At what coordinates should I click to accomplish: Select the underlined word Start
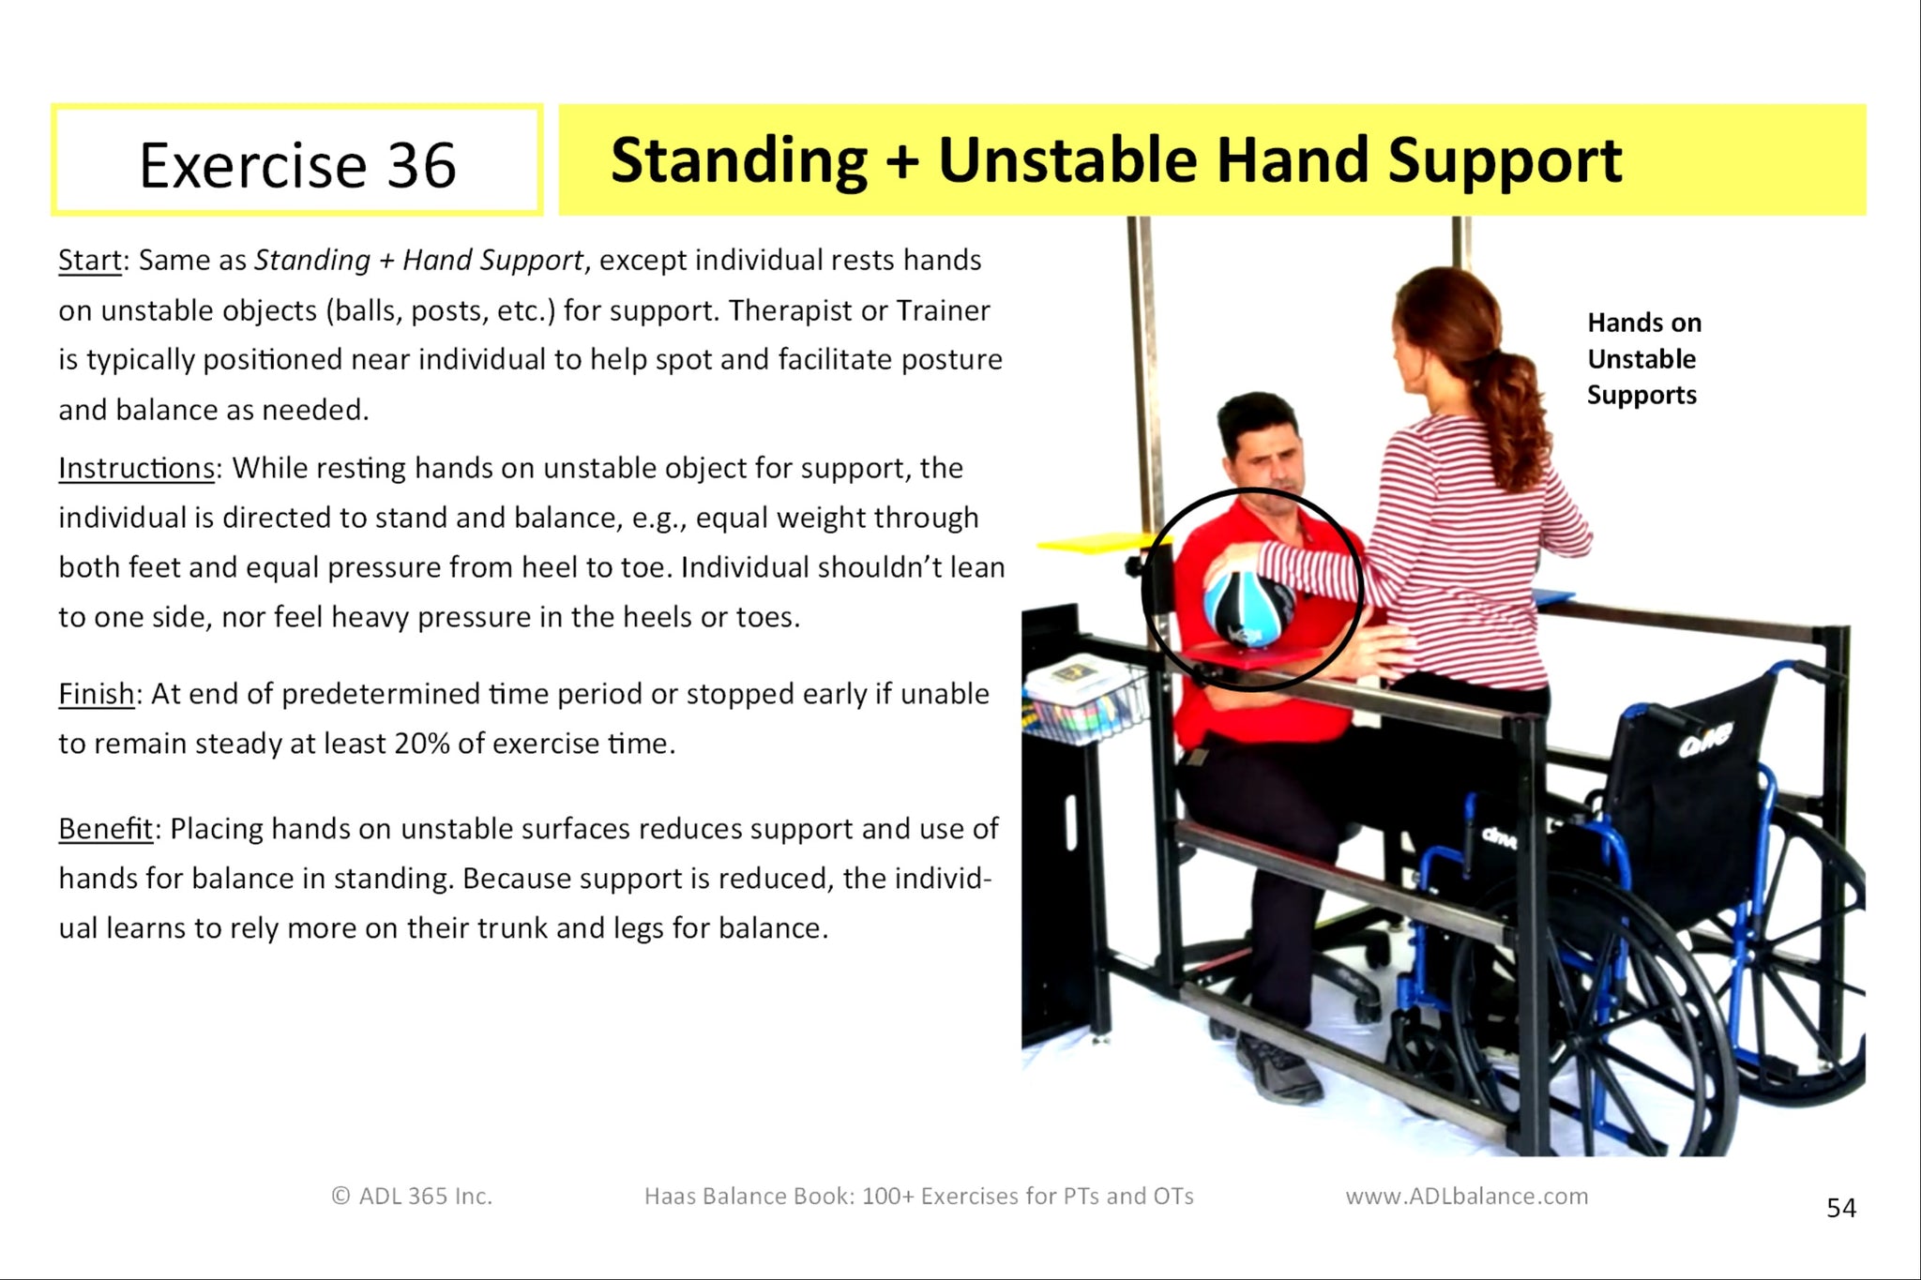coord(90,260)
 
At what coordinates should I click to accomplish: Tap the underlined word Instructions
coord(137,468)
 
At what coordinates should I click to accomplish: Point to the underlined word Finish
coord(97,694)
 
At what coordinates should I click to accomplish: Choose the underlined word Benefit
coord(105,829)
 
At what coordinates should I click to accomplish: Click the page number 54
coord(1840,1208)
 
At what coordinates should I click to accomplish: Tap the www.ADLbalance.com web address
coord(1466,1196)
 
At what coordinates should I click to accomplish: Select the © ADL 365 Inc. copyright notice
coord(412,1196)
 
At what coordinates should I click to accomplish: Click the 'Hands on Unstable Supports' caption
coord(1642,359)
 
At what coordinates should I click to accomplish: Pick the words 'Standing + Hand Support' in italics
coord(418,260)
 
